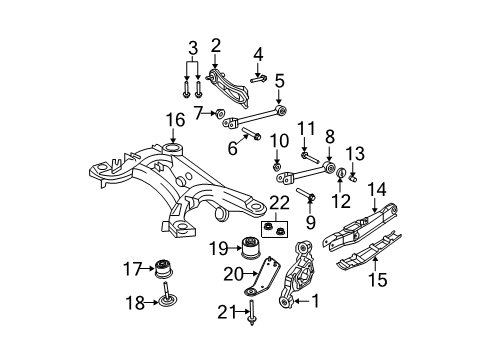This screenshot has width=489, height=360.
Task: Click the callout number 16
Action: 175,119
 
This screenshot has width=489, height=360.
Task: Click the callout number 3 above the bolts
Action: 191,49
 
